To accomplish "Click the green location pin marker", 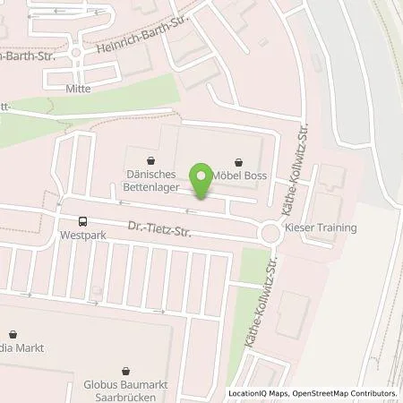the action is click(x=203, y=181).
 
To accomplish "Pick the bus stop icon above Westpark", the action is click(x=82, y=221).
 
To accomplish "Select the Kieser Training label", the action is click(x=322, y=227).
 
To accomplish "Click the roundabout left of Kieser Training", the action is click(x=270, y=233).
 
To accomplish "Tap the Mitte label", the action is click(x=79, y=90).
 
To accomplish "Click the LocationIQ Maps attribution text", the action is click(x=261, y=393).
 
